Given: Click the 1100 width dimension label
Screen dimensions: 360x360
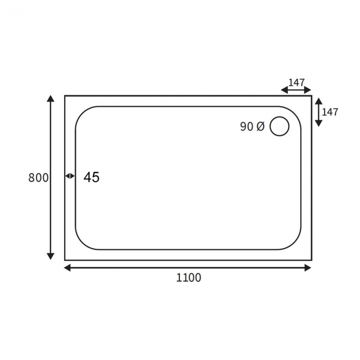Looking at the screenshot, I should pyautogui.click(x=188, y=278).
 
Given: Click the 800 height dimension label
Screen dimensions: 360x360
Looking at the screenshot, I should pyautogui.click(x=38, y=178).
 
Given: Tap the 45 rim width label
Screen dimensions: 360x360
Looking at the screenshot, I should pyautogui.click(x=91, y=177).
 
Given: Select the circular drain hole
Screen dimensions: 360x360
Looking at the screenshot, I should pyautogui.click(x=279, y=127).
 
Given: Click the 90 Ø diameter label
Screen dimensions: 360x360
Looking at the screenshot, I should pyautogui.click(x=253, y=127).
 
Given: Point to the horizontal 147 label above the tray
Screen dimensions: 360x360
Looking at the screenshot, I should pyautogui.click(x=296, y=83).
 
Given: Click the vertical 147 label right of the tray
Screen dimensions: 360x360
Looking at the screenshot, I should pyautogui.click(x=330, y=112).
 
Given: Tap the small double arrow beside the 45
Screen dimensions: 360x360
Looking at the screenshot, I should pyautogui.click(x=70, y=176).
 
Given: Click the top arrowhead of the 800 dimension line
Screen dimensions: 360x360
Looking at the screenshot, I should pyautogui.click(x=51, y=99).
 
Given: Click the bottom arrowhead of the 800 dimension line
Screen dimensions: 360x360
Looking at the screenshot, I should pyautogui.click(x=51, y=256).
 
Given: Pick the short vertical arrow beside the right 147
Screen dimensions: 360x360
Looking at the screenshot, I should pyautogui.click(x=318, y=112).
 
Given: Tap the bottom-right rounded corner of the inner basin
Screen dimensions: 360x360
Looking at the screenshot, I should pyautogui.click(x=295, y=243).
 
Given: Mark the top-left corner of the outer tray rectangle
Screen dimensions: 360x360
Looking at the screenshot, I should pyautogui.click(x=65, y=96).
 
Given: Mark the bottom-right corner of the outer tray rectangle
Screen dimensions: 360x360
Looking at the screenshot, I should pyautogui.click(x=312, y=260).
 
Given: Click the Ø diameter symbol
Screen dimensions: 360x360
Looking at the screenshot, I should pyautogui.click(x=260, y=127).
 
